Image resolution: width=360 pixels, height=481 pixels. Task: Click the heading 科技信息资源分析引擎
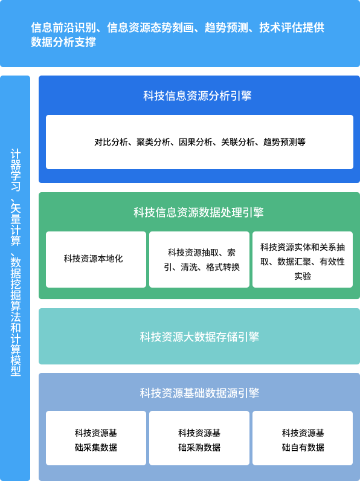(x=198, y=95)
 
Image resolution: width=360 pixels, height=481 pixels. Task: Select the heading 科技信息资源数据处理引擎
(x=198, y=212)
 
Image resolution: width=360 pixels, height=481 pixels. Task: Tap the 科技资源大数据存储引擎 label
(x=199, y=337)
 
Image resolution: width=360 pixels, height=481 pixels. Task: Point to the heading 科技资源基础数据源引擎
(x=199, y=393)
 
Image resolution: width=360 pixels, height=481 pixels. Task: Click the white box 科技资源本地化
(x=96, y=259)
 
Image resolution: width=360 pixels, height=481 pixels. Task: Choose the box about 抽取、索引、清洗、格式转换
(x=199, y=259)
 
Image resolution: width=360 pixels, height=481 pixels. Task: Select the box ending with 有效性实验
(x=303, y=259)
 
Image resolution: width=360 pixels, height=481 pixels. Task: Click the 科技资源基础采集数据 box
(x=96, y=438)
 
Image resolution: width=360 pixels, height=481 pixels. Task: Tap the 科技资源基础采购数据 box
(x=199, y=438)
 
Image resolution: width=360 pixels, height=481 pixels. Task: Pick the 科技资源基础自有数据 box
(x=303, y=438)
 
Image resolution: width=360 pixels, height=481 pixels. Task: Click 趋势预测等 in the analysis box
(x=284, y=142)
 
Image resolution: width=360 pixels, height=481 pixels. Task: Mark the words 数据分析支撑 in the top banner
(x=63, y=42)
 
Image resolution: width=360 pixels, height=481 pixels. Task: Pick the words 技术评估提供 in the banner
(x=292, y=28)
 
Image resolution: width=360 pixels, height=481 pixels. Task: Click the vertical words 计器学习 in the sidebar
(x=16, y=170)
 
